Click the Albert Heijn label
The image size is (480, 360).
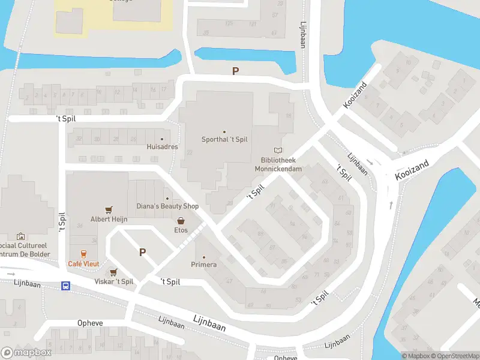tap(109, 219)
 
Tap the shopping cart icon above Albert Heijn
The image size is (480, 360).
tap(109, 210)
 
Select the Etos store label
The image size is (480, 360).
tap(181, 230)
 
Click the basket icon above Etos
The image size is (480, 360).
tap(181, 221)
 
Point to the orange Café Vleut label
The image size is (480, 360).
tap(83, 263)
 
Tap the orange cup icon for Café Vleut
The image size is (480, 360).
tap(83, 254)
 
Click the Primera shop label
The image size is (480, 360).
tap(204, 265)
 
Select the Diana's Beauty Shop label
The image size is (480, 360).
tap(167, 206)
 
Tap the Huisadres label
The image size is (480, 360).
tap(162, 146)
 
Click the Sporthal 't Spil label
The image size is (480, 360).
tap(224, 140)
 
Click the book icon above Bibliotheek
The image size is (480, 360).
tap(277, 150)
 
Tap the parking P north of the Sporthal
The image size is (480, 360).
tap(236, 71)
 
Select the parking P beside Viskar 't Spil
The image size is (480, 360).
tap(143, 253)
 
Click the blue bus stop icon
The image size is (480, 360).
tap(65, 286)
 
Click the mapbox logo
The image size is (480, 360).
tap(26, 353)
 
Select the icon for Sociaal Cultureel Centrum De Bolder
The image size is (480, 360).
tap(21, 236)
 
